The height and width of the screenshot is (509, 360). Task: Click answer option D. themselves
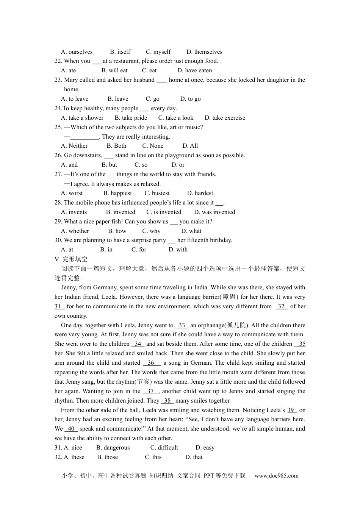[204, 52]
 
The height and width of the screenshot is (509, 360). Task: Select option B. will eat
[114, 70]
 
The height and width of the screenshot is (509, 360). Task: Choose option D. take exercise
[225, 118]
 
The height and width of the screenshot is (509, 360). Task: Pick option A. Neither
[74, 146]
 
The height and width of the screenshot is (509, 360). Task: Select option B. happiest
[117, 193]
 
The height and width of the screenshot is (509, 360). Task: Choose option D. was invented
[214, 212]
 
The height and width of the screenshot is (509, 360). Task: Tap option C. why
[151, 231]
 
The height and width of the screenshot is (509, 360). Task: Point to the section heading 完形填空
[75, 259]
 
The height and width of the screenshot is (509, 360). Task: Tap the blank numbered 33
[182, 325]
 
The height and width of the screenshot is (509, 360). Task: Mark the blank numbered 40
[71, 429]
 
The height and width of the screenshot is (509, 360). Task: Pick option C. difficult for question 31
[164, 448]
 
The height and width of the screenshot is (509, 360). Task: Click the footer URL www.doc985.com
[276, 476]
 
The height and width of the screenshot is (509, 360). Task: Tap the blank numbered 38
[167, 401]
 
